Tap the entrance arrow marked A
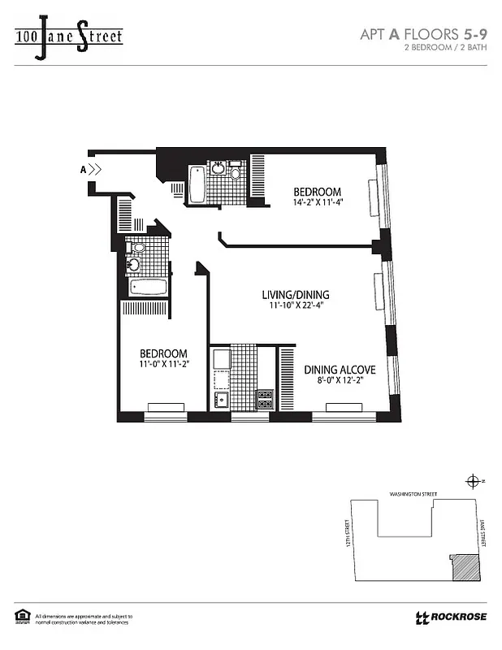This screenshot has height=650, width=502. click(93, 170)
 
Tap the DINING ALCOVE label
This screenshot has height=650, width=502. click(340, 370)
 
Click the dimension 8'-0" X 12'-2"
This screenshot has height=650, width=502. click(340, 382)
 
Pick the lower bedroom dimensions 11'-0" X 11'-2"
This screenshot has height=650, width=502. click(163, 366)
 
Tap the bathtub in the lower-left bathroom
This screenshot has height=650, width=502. click(147, 288)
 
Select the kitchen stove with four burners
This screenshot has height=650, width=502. click(265, 399)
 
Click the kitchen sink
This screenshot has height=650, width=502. click(220, 399)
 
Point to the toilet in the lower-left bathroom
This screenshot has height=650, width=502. click(137, 248)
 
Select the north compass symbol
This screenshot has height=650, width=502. click(472, 482)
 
